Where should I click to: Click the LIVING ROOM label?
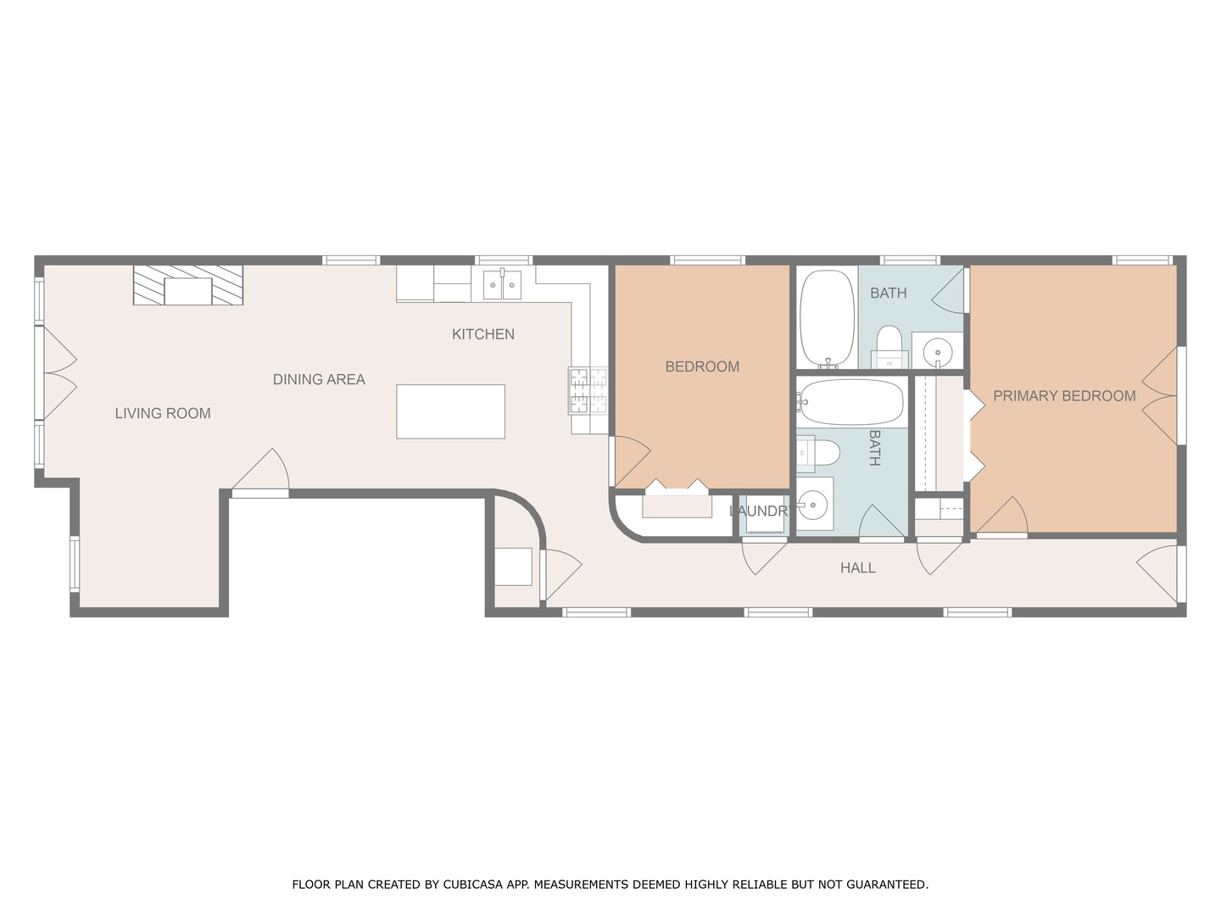click(163, 413)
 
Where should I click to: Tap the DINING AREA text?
click(319, 379)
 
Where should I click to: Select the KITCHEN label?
click(482, 334)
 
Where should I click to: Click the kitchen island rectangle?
click(450, 411)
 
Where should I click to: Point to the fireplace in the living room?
click(187, 286)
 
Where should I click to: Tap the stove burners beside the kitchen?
click(588, 390)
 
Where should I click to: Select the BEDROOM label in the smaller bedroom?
click(702, 366)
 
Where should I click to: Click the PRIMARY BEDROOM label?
click(1064, 395)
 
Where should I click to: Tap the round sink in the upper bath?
click(938, 350)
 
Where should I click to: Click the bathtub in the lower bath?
click(850, 402)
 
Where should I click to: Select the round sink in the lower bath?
click(814, 505)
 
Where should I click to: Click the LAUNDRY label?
click(761, 511)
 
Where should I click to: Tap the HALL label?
click(857, 567)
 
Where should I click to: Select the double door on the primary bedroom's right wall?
click(1161, 394)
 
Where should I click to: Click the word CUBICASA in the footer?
click(473, 885)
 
